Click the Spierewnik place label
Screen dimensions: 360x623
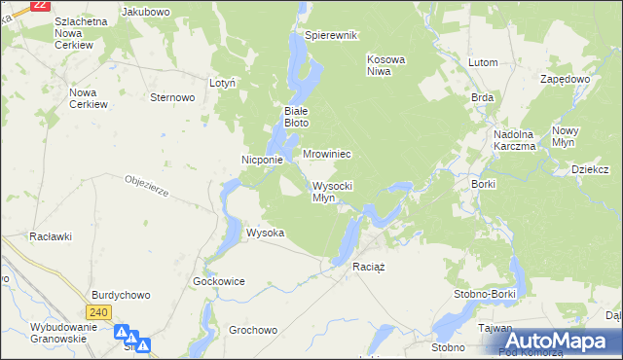(x=332, y=35)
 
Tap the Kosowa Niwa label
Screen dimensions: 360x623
(x=385, y=65)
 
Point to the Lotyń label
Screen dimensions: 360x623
(x=223, y=84)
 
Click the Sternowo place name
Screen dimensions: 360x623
(x=173, y=97)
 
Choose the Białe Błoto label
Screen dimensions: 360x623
(x=296, y=117)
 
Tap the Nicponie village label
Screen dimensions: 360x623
(x=262, y=160)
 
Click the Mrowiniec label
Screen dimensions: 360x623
(x=326, y=155)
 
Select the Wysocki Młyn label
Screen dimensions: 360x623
(x=332, y=192)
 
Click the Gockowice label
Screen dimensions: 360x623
(x=218, y=280)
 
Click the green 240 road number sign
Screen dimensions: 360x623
(x=97, y=312)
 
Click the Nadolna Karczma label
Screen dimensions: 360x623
(x=515, y=140)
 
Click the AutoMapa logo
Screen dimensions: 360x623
(x=551, y=341)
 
